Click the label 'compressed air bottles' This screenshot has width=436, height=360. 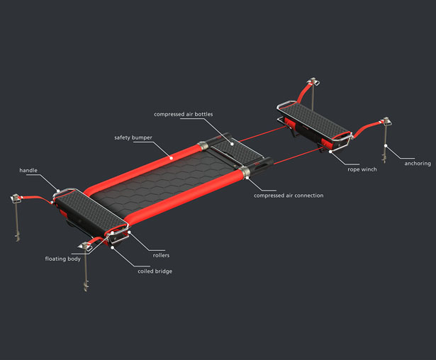pyautogui.click(x=183, y=114)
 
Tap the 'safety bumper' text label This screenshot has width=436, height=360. pyautogui.click(x=133, y=137)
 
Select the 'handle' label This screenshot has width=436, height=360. pyautogui.click(x=28, y=170)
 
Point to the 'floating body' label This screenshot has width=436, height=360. pyautogui.click(x=63, y=259)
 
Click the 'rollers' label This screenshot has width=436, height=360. pyautogui.click(x=161, y=255)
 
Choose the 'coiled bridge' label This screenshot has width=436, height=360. pyautogui.click(x=155, y=271)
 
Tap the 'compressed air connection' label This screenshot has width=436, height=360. pyautogui.click(x=289, y=196)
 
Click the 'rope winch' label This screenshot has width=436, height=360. pyautogui.click(x=362, y=169)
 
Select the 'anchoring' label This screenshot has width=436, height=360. pyautogui.click(x=418, y=164)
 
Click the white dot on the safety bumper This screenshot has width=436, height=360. pyautogui.click(x=172, y=158)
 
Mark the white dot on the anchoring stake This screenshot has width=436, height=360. pyautogui.click(x=386, y=145)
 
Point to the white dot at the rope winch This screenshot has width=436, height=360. pyautogui.click(x=330, y=152)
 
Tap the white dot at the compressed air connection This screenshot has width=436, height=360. pyautogui.click(x=247, y=177)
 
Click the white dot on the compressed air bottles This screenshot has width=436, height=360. pyautogui.click(x=232, y=144)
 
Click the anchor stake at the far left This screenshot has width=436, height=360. pyautogui.click(x=17, y=217)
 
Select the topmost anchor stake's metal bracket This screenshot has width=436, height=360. pyautogui.click(x=313, y=81)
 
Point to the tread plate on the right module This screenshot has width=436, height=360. pyautogui.click(x=314, y=120)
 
